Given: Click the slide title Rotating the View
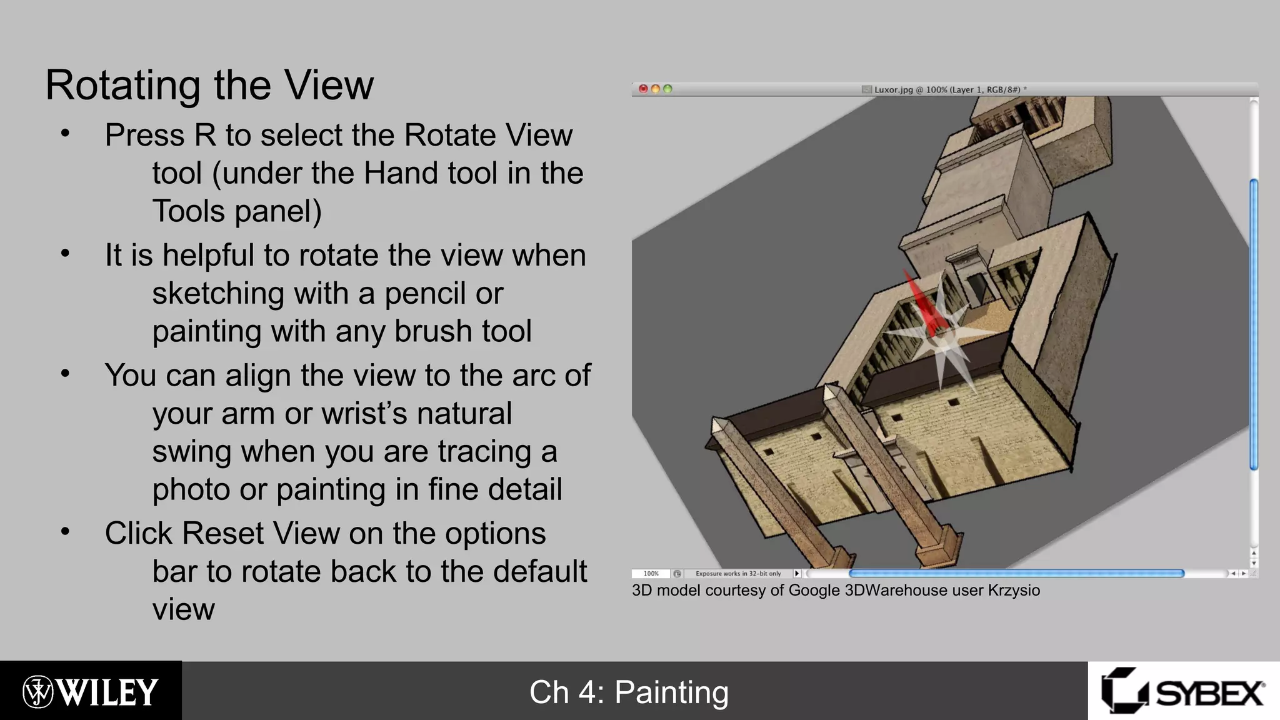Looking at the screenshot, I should [209, 85].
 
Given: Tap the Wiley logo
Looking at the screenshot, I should [91, 692].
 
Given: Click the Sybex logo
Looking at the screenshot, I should [1183, 692].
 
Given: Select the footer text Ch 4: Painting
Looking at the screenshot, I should [629, 692].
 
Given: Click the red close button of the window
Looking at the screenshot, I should [643, 89].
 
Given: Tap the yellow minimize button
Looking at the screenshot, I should [655, 89].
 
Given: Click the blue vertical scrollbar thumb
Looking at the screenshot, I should [1253, 325].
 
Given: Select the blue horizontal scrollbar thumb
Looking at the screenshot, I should [1016, 573].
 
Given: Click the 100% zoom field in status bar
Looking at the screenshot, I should [651, 574].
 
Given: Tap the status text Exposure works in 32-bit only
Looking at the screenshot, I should [738, 574].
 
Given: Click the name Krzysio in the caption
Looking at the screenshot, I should [1014, 591].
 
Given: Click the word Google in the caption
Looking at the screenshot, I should [814, 591].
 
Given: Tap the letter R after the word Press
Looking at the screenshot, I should [205, 136].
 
